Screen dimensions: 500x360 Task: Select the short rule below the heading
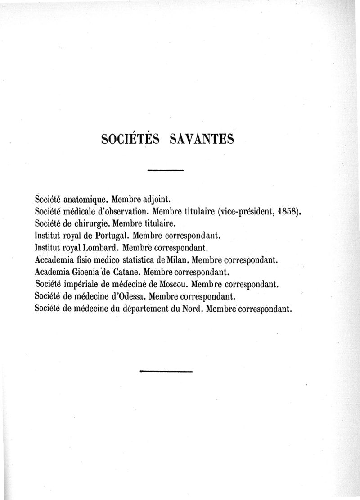coord(166,170)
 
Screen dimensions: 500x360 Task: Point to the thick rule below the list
coord(166,371)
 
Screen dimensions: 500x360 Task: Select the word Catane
coord(123,272)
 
